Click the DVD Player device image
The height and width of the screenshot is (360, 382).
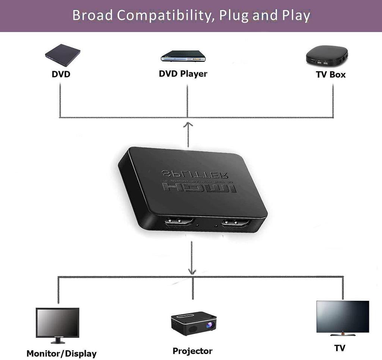pyautogui.click(x=183, y=56)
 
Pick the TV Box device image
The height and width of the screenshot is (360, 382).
pyautogui.click(x=327, y=55)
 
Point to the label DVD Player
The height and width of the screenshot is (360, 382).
pyautogui.click(x=183, y=74)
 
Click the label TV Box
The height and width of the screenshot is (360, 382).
pyautogui.click(x=331, y=75)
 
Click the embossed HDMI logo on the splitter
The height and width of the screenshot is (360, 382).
pyautogui.click(x=199, y=188)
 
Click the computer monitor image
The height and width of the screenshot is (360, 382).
pyautogui.click(x=57, y=323)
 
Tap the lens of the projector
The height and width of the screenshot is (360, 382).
pyautogui.click(x=210, y=325)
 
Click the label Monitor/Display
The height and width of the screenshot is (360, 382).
pyautogui.click(x=62, y=353)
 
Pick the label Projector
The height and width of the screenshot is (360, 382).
pyautogui.click(x=192, y=351)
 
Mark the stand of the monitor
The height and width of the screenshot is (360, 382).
pyautogui.click(x=57, y=341)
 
